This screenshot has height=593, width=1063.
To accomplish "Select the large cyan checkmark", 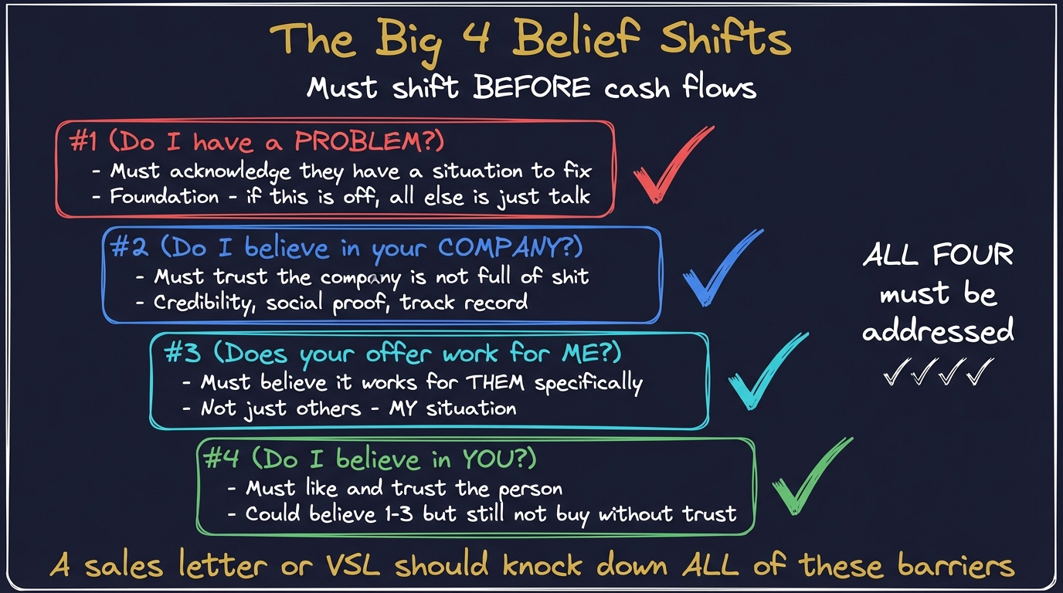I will pyautogui.click(x=765, y=374).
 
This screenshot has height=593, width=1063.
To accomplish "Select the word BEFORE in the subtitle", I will pyautogui.click(x=531, y=86).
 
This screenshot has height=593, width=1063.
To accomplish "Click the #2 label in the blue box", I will pyautogui.click(x=130, y=247).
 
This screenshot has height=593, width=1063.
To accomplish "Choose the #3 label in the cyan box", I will pyautogui.click(x=183, y=354).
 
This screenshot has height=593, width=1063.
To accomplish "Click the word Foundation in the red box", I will pyautogui.click(x=165, y=196).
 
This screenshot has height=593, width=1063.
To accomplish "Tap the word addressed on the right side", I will pyautogui.click(x=938, y=331).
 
